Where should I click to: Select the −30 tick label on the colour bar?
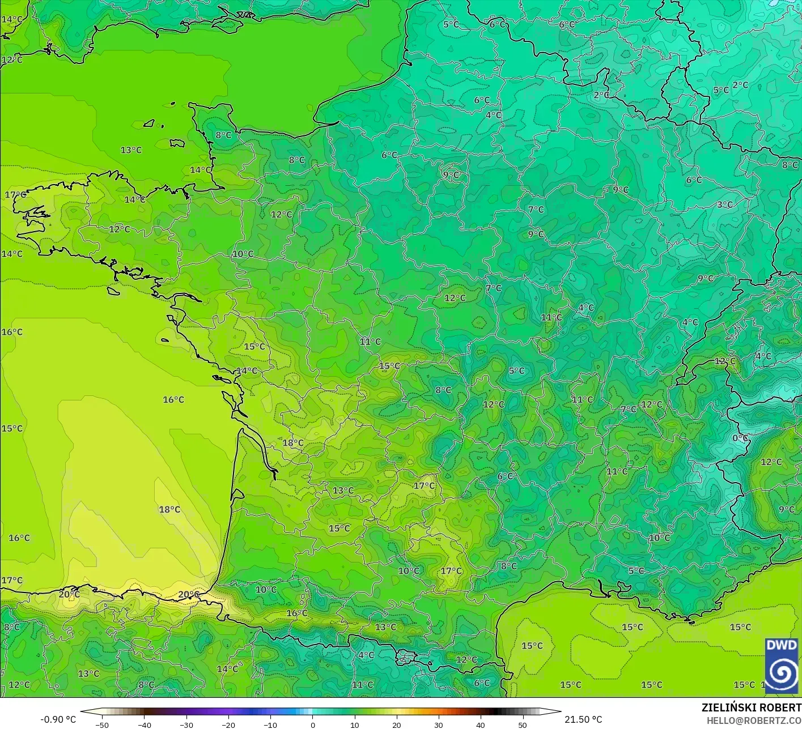tap(186, 725)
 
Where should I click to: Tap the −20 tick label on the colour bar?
tap(228, 725)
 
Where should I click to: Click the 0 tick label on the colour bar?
tap(312, 725)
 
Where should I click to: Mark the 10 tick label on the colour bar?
tap(354, 725)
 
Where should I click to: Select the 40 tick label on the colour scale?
tap(480, 725)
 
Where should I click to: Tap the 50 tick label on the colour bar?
tap(522, 725)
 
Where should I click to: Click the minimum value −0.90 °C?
tap(58, 719)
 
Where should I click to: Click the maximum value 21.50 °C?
tap(583, 719)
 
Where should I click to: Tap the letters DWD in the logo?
tap(781, 645)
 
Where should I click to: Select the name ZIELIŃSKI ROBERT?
tap(751, 707)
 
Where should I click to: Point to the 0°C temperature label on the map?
tap(740, 438)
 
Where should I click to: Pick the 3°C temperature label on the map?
tap(724, 204)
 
